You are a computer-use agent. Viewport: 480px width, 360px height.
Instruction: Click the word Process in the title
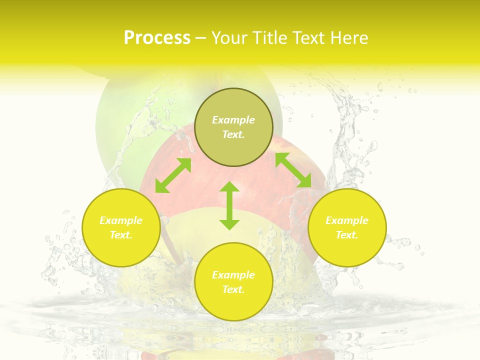tap(157, 38)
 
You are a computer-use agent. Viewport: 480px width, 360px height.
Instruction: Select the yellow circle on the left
tap(121, 250)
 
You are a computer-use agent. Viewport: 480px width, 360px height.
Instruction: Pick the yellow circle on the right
tap(347, 250)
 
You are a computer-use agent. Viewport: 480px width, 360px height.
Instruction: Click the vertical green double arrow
tap(229, 205)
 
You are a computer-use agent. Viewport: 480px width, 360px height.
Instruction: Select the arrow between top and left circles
tap(173, 175)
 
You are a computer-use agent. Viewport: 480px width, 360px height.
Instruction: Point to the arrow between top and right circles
tap(293, 170)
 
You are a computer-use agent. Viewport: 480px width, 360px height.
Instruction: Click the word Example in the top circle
tap(233, 120)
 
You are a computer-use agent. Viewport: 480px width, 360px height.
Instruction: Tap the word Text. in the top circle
tap(233, 134)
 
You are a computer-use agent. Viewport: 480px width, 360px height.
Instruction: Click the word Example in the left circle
tap(121, 220)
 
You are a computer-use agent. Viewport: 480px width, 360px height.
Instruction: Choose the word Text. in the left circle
tap(121, 235)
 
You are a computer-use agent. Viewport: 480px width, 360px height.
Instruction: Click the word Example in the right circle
tap(347, 220)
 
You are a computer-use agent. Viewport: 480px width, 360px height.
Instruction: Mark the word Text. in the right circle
tap(347, 235)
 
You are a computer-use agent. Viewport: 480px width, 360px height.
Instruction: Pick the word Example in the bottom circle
tap(233, 275)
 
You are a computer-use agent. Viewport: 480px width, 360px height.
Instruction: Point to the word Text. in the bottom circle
tap(233, 289)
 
